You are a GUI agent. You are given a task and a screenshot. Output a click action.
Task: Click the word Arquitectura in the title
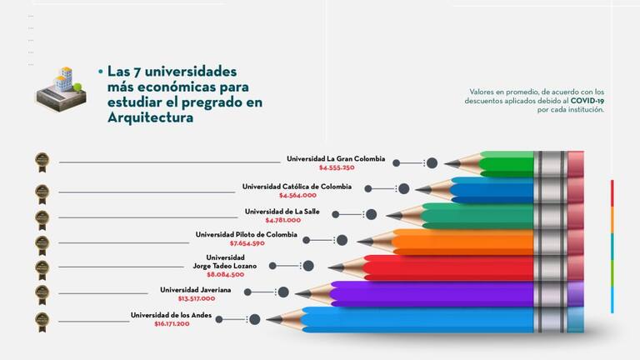pos(150,117)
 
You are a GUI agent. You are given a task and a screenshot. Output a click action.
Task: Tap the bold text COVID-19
pos(587,100)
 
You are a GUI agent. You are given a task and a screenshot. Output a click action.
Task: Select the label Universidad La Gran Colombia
pos(336,158)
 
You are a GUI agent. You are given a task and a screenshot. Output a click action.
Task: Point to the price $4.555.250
pos(337,167)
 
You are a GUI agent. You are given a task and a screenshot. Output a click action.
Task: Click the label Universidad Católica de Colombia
pos(297,186)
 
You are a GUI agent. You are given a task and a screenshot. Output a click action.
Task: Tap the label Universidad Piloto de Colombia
pos(246,234)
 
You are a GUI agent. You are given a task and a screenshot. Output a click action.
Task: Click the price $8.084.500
pos(225,274)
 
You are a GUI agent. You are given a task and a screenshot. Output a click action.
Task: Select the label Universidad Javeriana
pos(195,289)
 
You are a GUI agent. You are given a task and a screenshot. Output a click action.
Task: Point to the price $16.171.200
pos(172,323)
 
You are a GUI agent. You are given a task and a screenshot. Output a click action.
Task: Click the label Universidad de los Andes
pos(172,315)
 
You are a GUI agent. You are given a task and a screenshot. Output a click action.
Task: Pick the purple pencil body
pos(433,293)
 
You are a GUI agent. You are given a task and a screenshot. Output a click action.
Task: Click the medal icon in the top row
pos(42,160)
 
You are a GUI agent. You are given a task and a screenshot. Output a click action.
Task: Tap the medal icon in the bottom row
pos(42,319)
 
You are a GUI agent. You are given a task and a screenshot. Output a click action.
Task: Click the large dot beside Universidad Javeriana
pos(282,292)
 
